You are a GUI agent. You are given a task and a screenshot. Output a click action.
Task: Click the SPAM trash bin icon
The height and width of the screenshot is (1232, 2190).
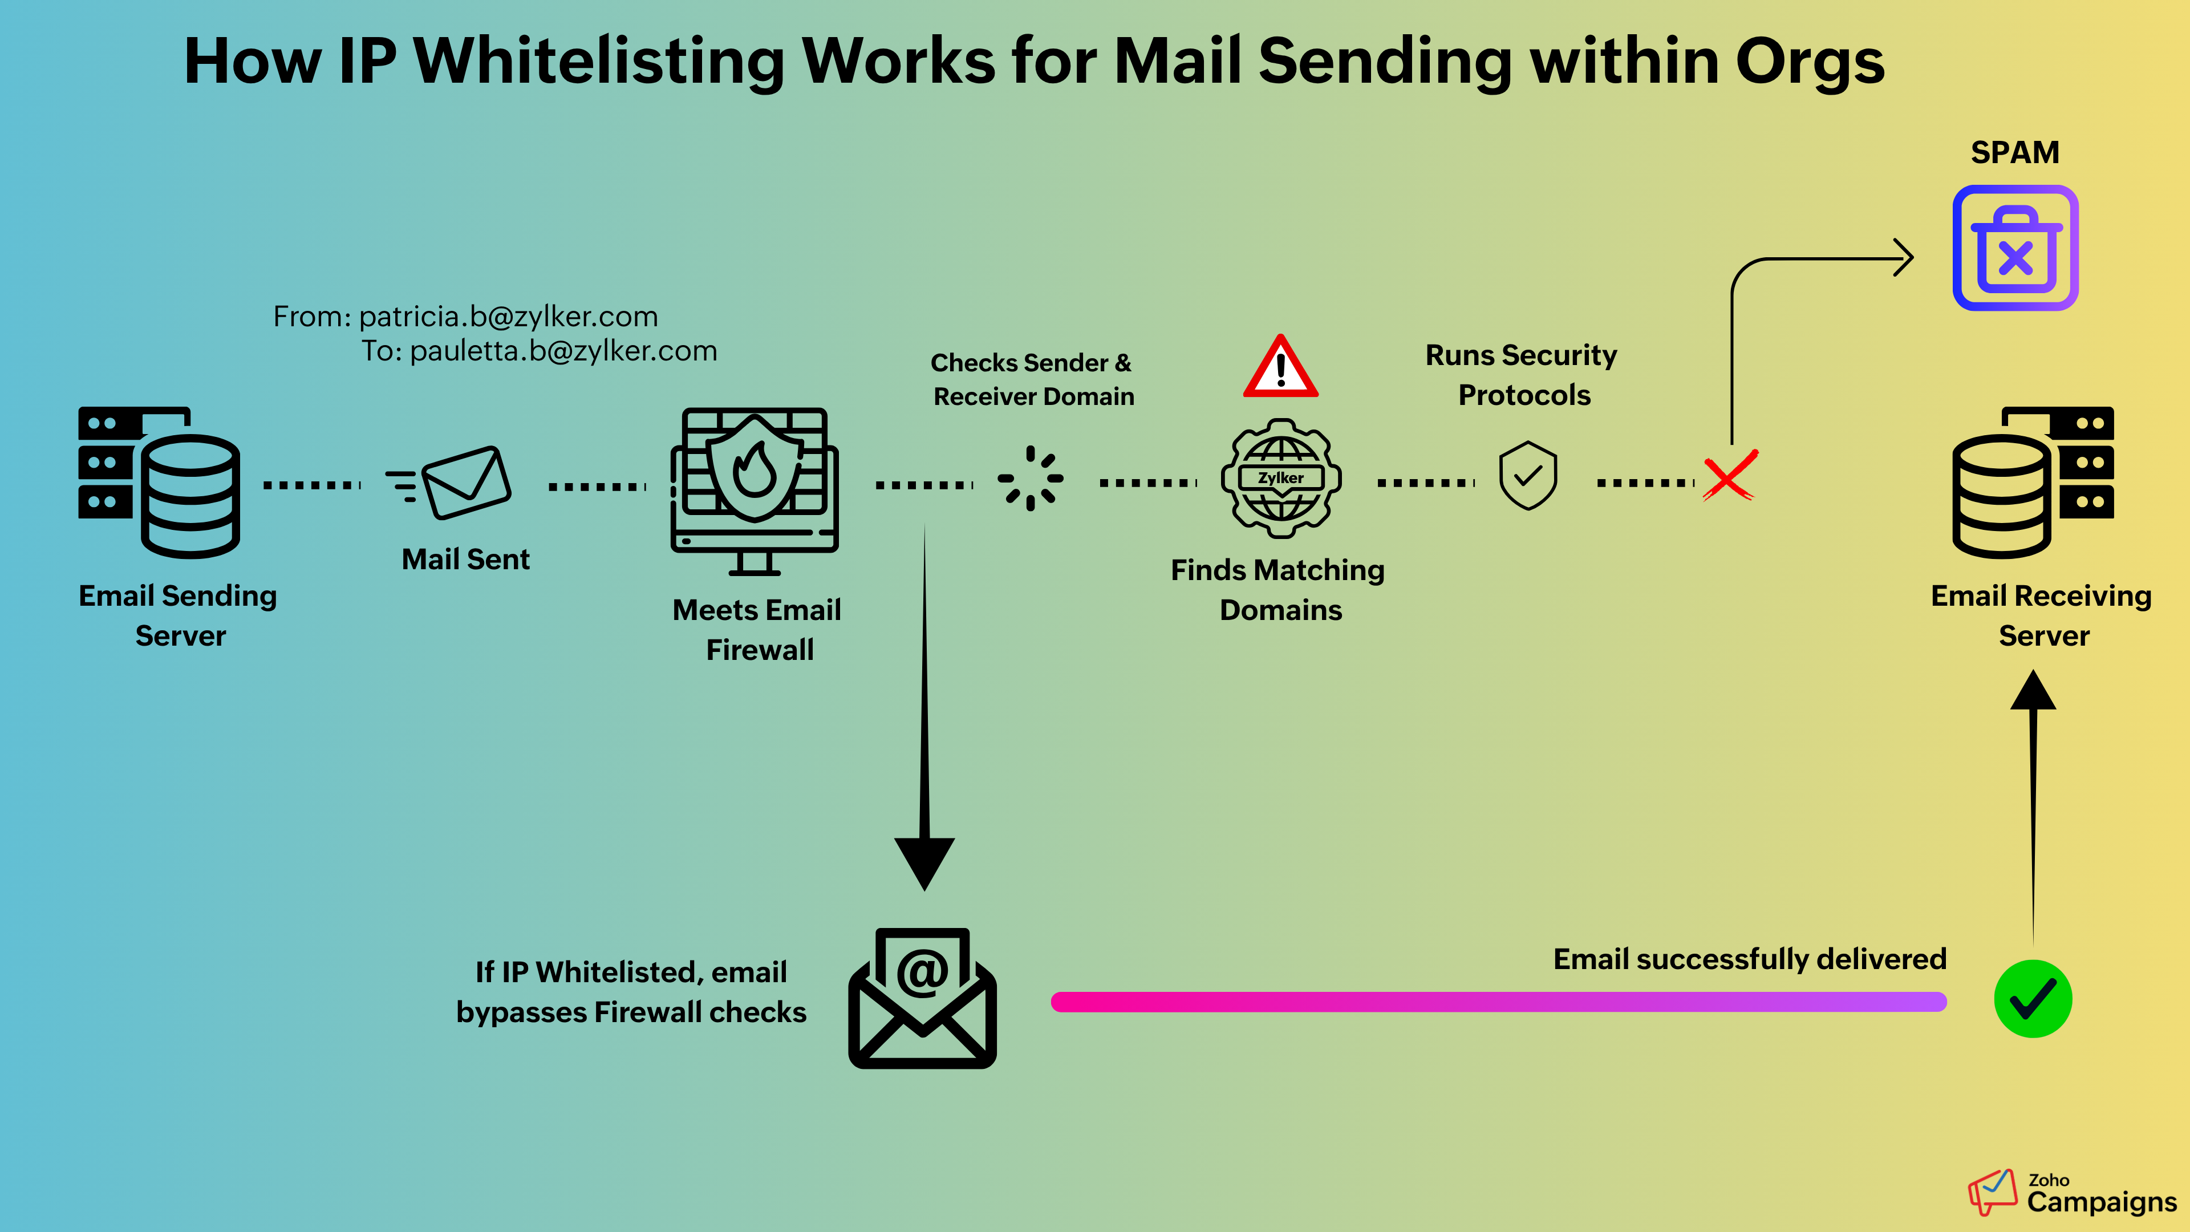click(2015, 248)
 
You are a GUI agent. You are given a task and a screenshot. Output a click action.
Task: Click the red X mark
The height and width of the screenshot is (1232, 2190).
click(1729, 476)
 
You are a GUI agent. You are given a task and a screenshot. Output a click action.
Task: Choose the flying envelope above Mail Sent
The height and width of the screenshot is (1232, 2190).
click(451, 481)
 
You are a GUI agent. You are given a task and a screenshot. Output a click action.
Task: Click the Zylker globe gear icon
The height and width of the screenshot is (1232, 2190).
click(1280, 478)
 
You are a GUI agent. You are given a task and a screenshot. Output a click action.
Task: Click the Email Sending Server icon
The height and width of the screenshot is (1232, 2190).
click(160, 481)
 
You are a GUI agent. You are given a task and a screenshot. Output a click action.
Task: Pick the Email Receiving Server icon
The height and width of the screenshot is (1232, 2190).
click(2032, 481)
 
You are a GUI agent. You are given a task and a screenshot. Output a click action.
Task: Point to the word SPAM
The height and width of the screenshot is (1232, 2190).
click(2015, 153)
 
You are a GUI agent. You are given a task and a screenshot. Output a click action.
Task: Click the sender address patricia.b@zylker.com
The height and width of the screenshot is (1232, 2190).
click(508, 317)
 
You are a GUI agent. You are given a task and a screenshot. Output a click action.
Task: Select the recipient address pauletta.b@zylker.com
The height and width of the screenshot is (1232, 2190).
click(563, 350)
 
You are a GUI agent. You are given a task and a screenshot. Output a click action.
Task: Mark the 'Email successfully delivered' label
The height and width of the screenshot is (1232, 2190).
click(1750, 959)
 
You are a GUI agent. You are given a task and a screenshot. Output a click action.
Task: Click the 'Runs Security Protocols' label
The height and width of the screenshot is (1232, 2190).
click(1522, 374)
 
